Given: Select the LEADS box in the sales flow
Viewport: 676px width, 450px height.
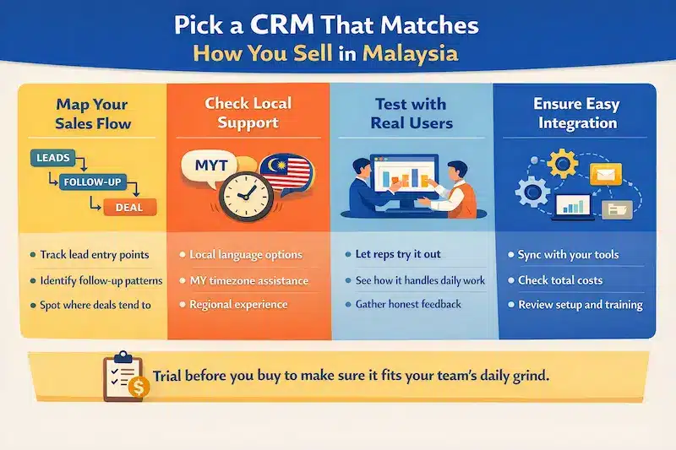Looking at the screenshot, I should [x=52, y=157].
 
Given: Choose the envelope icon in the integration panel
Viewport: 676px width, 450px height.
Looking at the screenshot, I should [x=605, y=175].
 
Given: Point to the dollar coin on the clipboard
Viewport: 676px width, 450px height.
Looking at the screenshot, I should [x=139, y=388].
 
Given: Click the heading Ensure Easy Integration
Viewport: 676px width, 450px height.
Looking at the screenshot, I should [x=576, y=114].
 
